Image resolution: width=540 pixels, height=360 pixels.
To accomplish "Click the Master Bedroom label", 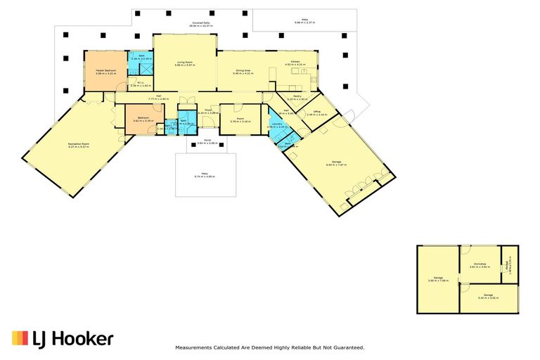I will point(105,70).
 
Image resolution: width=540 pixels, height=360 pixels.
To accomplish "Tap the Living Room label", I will point(185,63).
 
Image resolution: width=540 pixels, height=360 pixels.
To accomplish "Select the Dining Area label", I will point(243,70).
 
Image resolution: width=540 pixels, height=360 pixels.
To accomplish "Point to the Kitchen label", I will point(292,63).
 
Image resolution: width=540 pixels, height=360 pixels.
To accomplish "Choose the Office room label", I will point(317,112).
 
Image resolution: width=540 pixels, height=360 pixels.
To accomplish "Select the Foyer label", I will point(208,110).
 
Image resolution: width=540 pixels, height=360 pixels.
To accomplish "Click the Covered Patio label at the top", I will point(202,23).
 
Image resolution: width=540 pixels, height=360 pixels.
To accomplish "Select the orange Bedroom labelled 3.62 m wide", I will point(143,118).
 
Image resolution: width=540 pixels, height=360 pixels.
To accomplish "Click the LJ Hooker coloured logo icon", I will point(20,339).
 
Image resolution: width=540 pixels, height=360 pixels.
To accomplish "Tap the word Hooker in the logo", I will point(83,339).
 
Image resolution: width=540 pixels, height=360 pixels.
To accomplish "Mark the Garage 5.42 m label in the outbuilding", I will point(488,295).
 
